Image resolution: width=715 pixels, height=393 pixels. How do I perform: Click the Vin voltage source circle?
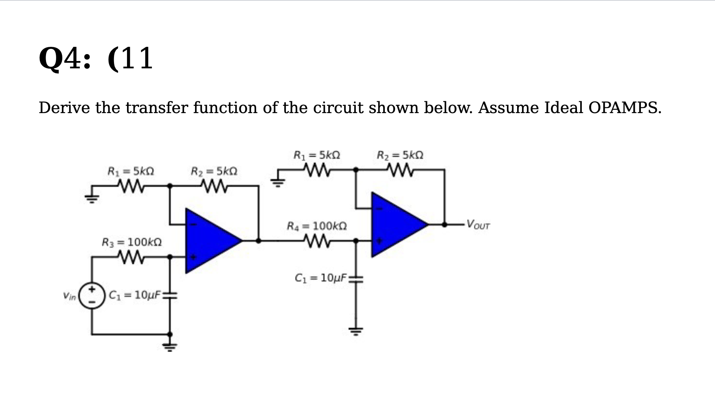tap(92, 296)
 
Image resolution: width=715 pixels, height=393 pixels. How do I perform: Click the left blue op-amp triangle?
tap(210, 240)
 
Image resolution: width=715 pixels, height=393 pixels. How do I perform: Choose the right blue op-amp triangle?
tap(395, 225)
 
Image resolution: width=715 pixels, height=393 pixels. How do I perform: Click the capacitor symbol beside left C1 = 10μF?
tap(170, 296)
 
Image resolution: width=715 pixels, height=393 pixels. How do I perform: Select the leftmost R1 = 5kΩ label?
tap(130, 171)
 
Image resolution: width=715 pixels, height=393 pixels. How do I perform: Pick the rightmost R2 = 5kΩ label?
tap(400, 155)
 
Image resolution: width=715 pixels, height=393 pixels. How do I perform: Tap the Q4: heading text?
tap(65, 59)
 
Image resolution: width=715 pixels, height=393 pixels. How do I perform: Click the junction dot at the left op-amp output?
tap(258, 240)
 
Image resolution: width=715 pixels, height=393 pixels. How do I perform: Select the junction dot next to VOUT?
tap(444, 224)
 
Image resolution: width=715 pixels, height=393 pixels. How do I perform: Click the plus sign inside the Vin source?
tap(92, 289)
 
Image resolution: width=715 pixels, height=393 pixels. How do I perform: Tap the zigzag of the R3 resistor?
tap(131, 257)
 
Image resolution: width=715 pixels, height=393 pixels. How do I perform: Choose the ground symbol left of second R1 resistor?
tap(277, 182)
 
